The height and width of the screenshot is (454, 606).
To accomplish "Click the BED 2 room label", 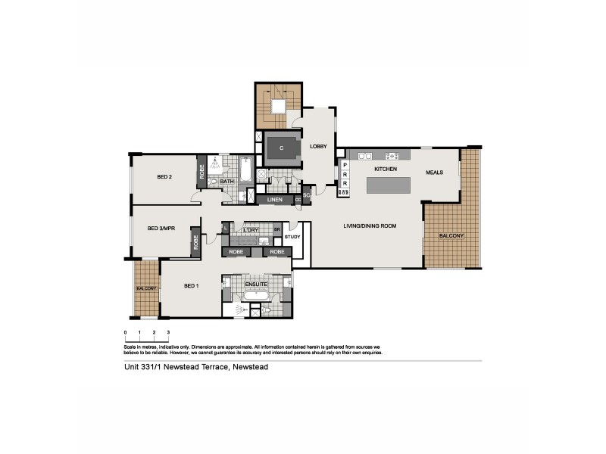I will tap(165, 177).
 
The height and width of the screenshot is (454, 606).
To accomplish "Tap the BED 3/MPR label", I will tap(161, 228).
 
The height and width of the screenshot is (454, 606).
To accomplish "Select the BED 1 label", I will tap(192, 286).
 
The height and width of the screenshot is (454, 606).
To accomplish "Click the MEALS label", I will tap(434, 172).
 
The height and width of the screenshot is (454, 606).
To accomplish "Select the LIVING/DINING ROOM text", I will tap(370, 225).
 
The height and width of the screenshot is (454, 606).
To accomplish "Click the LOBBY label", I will tap(317, 147).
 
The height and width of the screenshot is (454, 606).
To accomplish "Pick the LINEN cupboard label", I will tap(275, 200).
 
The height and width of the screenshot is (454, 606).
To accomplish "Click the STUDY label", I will tap(293, 237).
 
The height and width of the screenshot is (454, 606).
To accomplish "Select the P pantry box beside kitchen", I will tap(345, 164).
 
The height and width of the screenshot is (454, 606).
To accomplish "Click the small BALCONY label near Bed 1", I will tap(146, 288).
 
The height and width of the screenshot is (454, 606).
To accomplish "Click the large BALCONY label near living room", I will tap(451, 235).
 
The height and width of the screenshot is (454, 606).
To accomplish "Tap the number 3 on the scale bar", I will tap(168, 332).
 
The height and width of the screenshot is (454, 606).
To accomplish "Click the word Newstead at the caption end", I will tap(250, 367).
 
